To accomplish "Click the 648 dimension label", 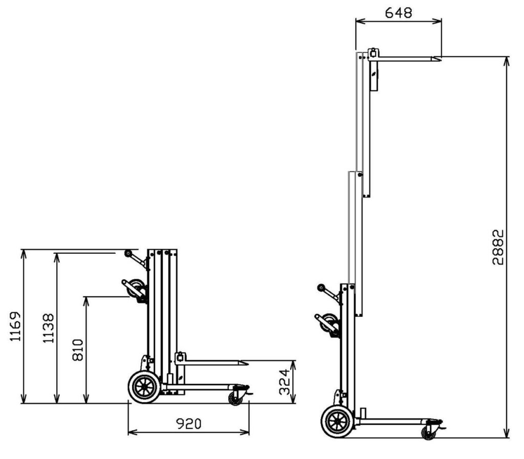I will click(x=398, y=13).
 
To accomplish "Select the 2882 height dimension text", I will click(x=498, y=247).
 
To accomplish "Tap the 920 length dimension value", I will click(x=188, y=424).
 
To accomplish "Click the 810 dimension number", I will click(x=77, y=349).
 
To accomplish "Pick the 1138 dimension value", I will click(x=49, y=327).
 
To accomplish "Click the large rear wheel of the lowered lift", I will click(x=144, y=387).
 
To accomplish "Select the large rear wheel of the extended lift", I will click(x=337, y=421).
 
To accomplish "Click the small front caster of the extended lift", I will click(x=429, y=433).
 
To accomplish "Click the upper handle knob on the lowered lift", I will click(x=127, y=253).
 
